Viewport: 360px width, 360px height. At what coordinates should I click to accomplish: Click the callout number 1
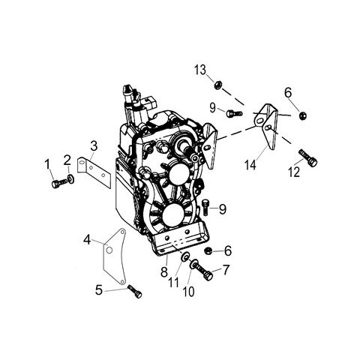(x=47, y=165)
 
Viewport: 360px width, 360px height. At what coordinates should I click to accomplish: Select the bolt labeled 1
(x=58, y=183)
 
